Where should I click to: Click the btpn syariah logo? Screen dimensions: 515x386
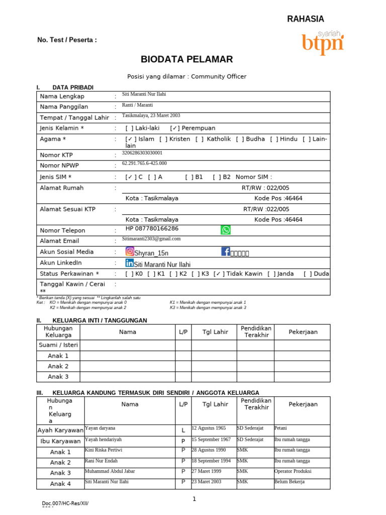click(323, 42)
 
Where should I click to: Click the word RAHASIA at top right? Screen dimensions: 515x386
click(305, 19)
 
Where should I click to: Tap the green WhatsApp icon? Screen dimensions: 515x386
click(226, 230)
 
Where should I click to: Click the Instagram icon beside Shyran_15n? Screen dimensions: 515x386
click(130, 251)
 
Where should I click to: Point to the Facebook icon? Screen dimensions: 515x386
click(225, 251)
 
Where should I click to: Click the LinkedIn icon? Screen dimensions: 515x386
click(130, 263)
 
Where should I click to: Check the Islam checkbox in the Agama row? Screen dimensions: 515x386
click(130, 139)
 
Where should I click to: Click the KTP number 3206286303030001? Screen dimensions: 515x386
click(142, 152)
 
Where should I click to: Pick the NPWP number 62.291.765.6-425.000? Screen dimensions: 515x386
click(144, 163)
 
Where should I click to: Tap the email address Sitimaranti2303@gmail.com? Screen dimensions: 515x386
click(151, 239)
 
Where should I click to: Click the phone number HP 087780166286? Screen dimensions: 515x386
click(152, 228)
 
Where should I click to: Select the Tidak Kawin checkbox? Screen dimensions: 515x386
click(219, 274)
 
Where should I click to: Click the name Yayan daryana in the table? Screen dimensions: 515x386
click(100, 428)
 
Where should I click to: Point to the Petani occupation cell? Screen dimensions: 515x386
click(280, 428)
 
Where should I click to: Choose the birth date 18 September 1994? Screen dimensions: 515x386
click(211, 460)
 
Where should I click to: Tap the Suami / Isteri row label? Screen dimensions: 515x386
click(58, 345)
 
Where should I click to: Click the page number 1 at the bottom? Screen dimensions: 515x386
click(194, 499)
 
